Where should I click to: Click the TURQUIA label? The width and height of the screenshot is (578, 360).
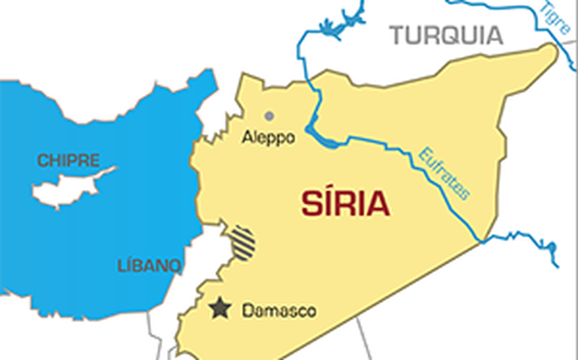pos(445,34)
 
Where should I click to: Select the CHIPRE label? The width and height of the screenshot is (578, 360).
pos(68,160)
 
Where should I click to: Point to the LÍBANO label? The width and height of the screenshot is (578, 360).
pos(149,265)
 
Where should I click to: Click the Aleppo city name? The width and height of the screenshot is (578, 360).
pos(268,139)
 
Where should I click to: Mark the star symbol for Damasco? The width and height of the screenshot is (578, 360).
pos(219,308)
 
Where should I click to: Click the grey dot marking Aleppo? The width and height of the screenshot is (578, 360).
pos(269,115)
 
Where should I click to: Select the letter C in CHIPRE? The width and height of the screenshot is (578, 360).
pos(42,160)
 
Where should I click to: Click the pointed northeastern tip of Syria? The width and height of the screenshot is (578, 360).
pos(552,49)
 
